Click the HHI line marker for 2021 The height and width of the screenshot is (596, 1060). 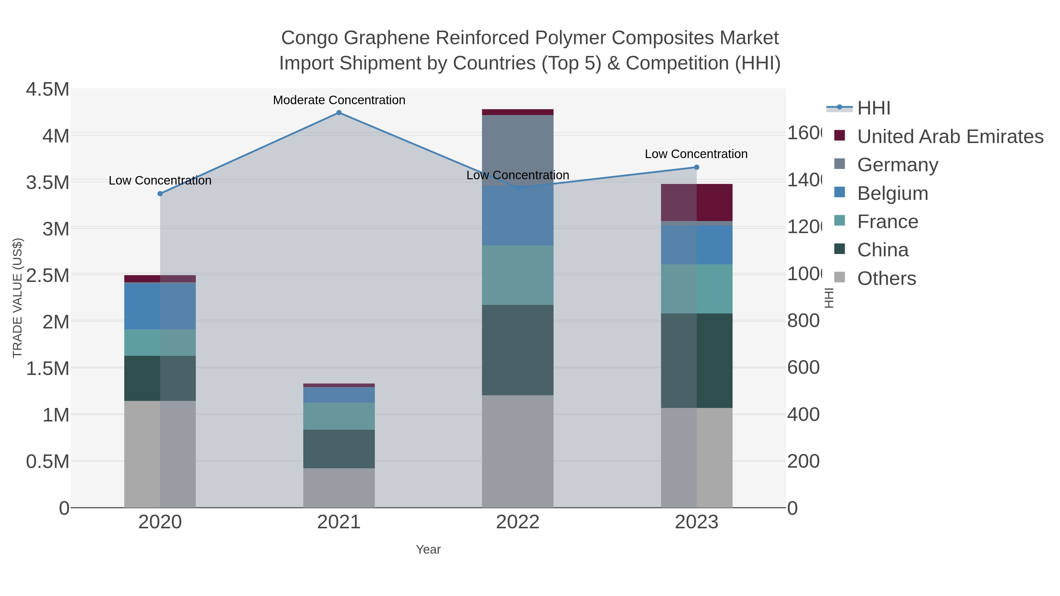click(x=339, y=113)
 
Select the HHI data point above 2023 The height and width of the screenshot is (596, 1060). click(x=696, y=167)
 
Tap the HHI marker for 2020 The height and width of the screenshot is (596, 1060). click(x=160, y=194)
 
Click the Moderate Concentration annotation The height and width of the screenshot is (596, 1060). click(x=339, y=100)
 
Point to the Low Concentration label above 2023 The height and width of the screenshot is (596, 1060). click(x=696, y=154)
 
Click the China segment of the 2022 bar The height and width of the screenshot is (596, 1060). click(x=517, y=350)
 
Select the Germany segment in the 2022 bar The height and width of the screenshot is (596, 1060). click(x=517, y=150)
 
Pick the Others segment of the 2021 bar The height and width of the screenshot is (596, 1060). click(x=339, y=488)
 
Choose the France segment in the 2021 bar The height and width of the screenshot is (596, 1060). click(x=339, y=416)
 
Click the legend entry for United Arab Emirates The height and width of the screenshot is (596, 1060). click(x=950, y=137)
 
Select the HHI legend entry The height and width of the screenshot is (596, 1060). click(x=874, y=108)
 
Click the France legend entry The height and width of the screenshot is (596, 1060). click(x=887, y=222)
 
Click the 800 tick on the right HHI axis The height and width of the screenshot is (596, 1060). click(x=803, y=321)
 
